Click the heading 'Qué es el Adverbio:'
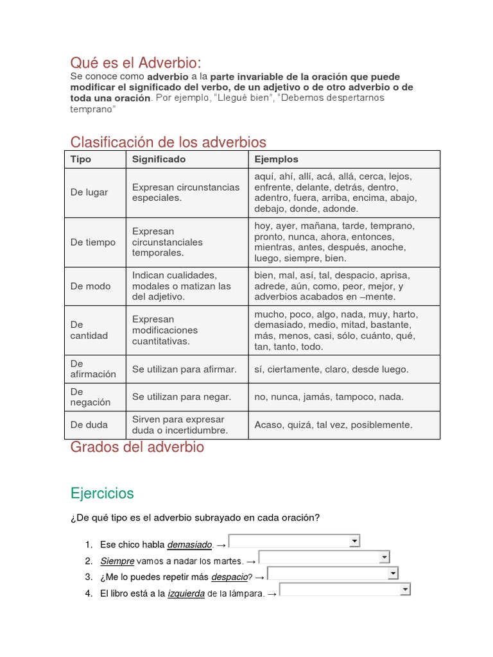coord(135,63)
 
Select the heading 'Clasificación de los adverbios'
coord(168,142)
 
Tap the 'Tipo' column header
coord(81,159)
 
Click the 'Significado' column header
coord(159,159)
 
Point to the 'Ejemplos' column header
coord(276,159)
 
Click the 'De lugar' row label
coord(89,192)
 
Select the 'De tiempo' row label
coord(93,242)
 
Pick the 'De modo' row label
coord(91,286)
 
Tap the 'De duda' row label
coord(89,425)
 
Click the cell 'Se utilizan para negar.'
coord(182,397)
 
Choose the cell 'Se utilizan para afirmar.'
coord(185,370)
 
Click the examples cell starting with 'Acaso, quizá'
coord(333,425)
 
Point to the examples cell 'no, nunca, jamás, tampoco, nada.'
coord(329,397)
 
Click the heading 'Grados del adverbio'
coord(137,447)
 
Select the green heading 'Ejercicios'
coord(102,493)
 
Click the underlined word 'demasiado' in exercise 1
coord(189,545)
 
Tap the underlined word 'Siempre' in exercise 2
coord(117,561)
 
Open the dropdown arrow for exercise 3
coord(393,573)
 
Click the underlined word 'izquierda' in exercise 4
coord(186,593)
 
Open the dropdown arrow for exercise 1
coord(354,542)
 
